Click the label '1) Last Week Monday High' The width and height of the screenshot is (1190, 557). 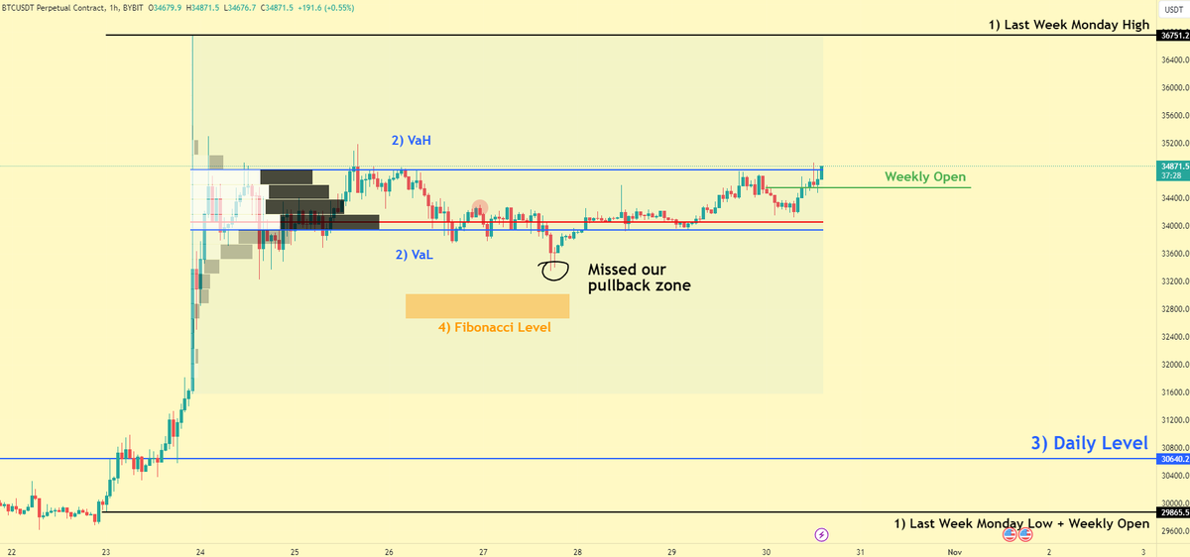(1069, 25)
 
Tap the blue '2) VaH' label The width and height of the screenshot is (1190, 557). (412, 142)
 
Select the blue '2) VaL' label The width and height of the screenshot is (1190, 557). (414, 255)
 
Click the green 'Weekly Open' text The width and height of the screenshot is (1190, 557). (925, 176)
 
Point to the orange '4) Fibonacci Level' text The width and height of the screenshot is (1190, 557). (495, 327)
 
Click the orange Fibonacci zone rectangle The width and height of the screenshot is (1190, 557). (487, 306)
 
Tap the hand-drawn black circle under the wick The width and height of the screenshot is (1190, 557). (554, 269)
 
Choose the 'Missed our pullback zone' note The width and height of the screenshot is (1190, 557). (639, 278)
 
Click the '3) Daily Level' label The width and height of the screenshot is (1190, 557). (1089, 443)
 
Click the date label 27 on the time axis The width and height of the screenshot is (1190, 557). (483, 551)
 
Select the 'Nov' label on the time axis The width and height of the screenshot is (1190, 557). (953, 551)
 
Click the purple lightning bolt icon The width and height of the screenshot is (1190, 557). (821, 535)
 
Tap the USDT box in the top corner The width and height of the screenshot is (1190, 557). (1171, 9)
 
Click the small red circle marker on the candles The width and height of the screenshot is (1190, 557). (480, 208)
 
